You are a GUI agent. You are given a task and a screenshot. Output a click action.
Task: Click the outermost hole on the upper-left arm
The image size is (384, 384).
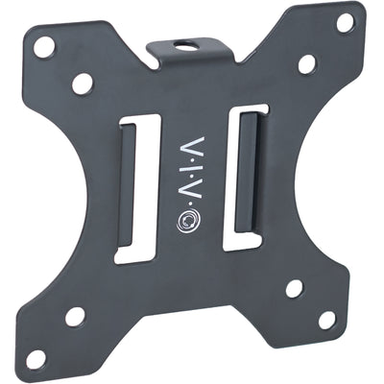42,46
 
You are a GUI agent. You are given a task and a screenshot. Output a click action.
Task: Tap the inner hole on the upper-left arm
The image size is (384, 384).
82,84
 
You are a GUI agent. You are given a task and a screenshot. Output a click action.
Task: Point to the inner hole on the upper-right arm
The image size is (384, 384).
306,65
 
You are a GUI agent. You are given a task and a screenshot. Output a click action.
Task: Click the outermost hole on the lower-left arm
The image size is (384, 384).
36,357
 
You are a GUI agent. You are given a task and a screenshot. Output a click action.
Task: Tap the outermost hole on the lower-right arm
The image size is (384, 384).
327,319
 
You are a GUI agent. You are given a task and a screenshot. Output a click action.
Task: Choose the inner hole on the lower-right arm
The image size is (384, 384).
294,287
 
